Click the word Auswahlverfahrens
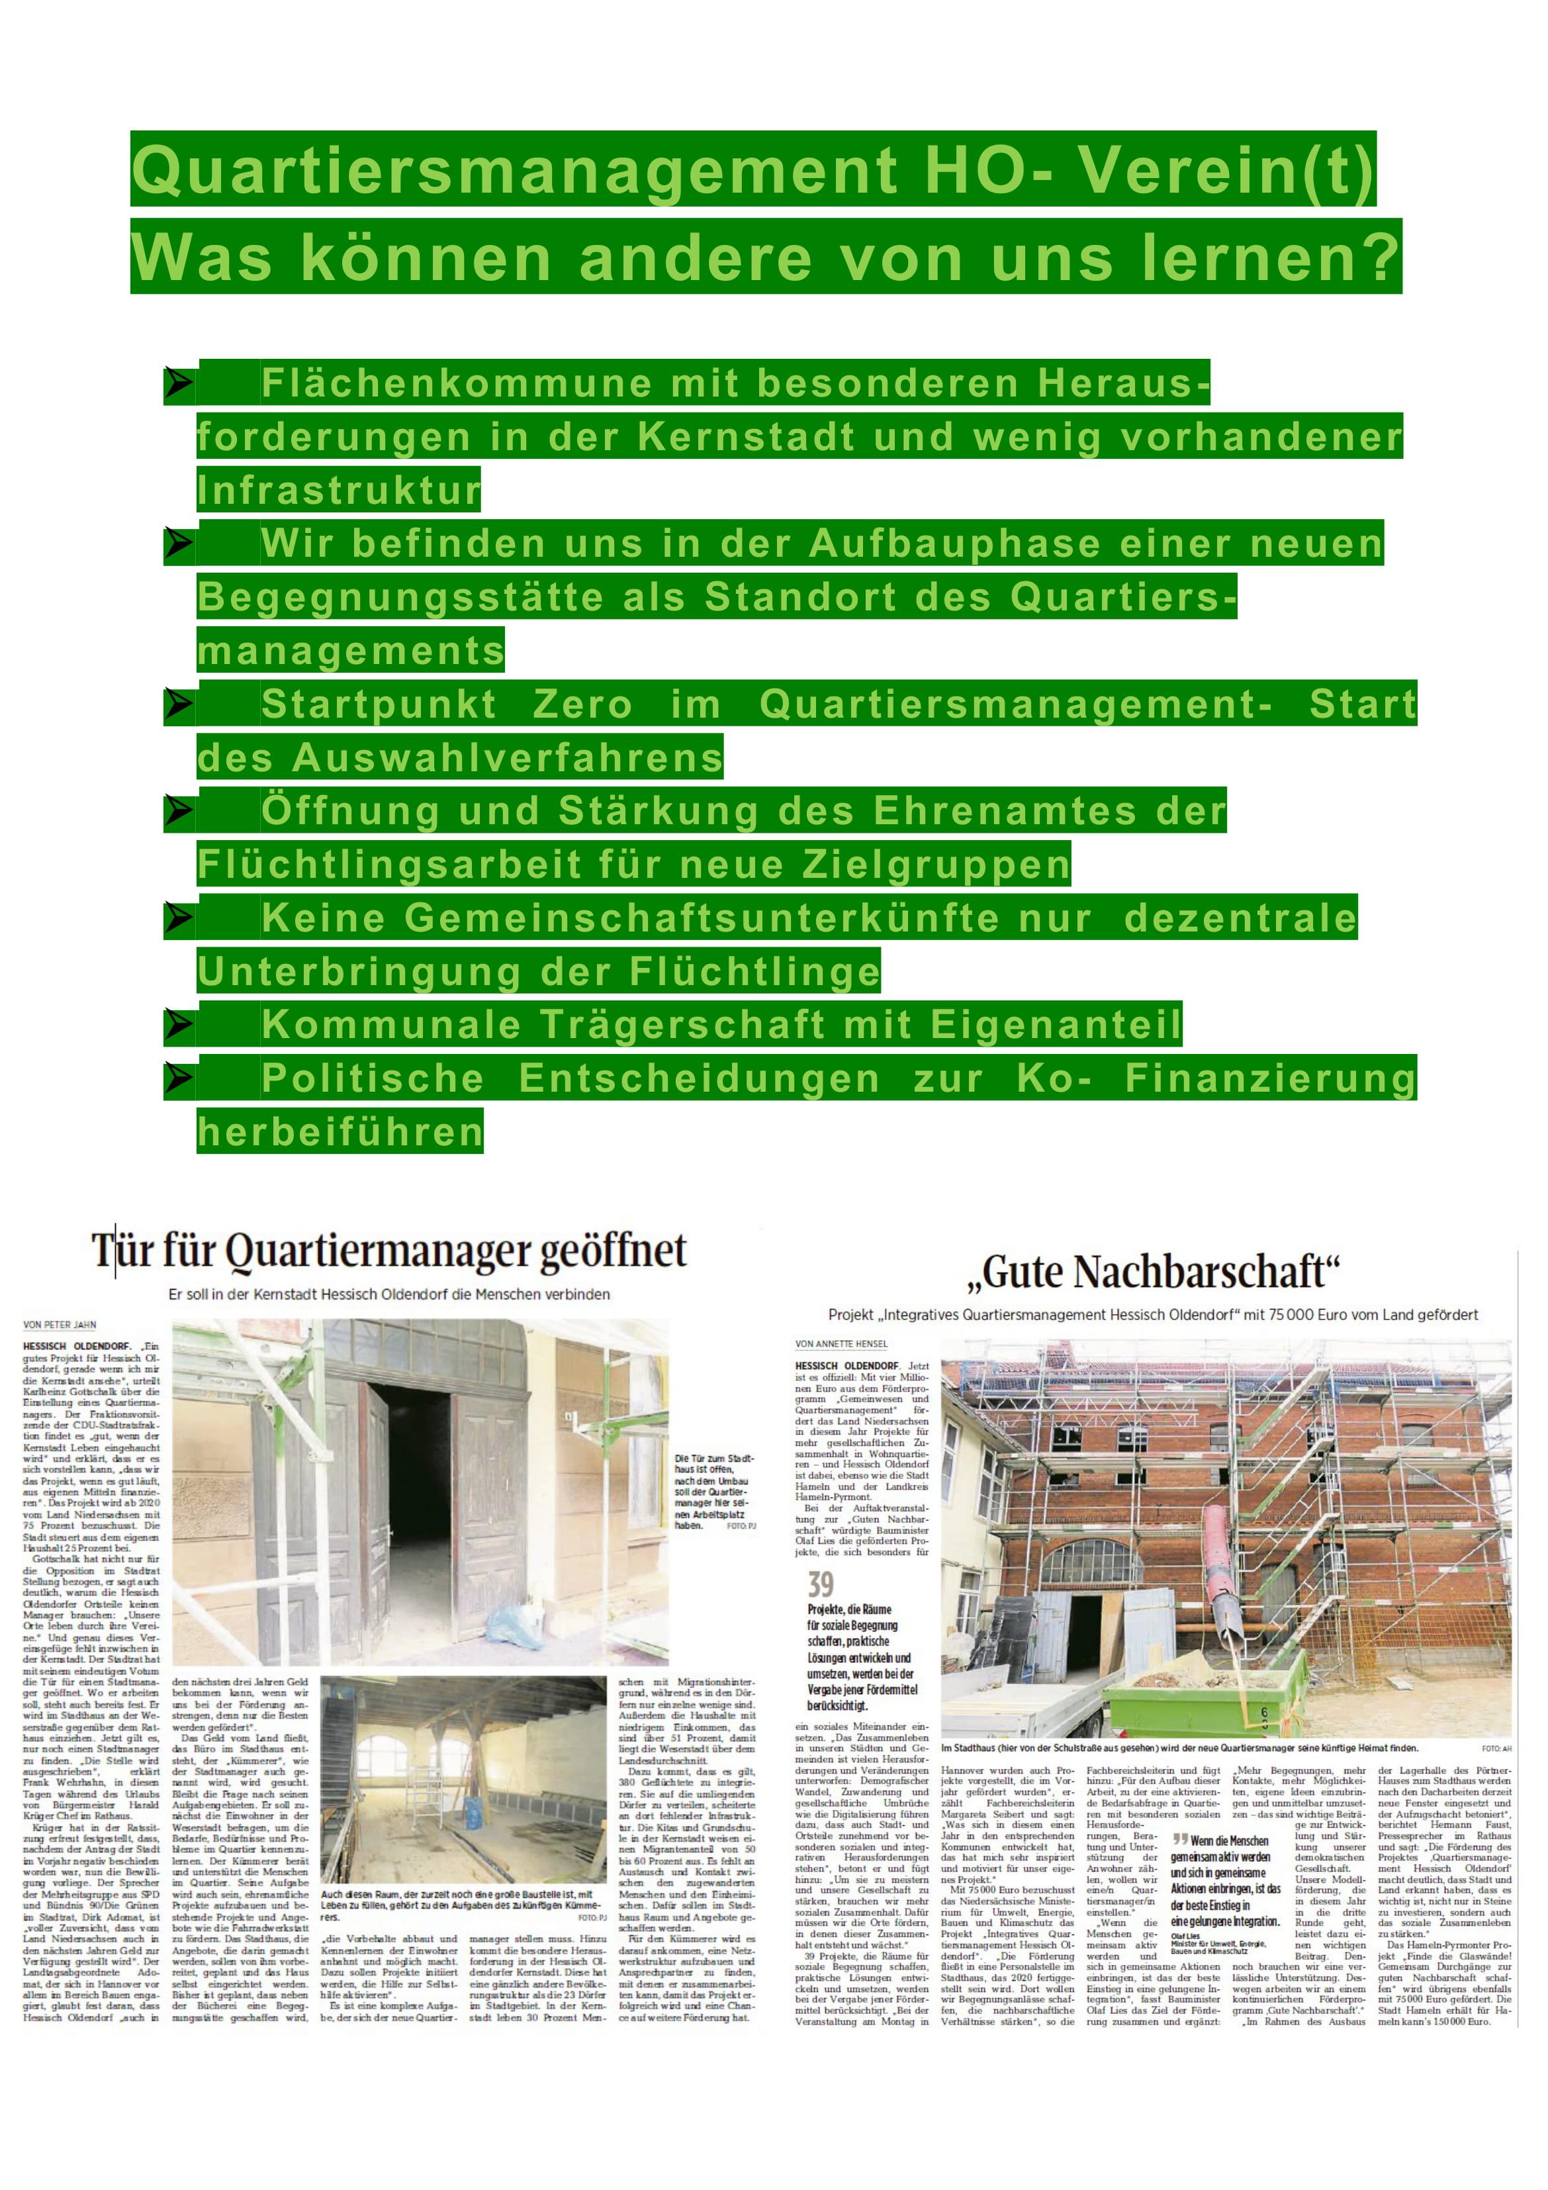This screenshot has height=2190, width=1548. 506,758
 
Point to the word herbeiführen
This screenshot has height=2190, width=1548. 340,1132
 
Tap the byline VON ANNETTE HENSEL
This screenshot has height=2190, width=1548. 841,1344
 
